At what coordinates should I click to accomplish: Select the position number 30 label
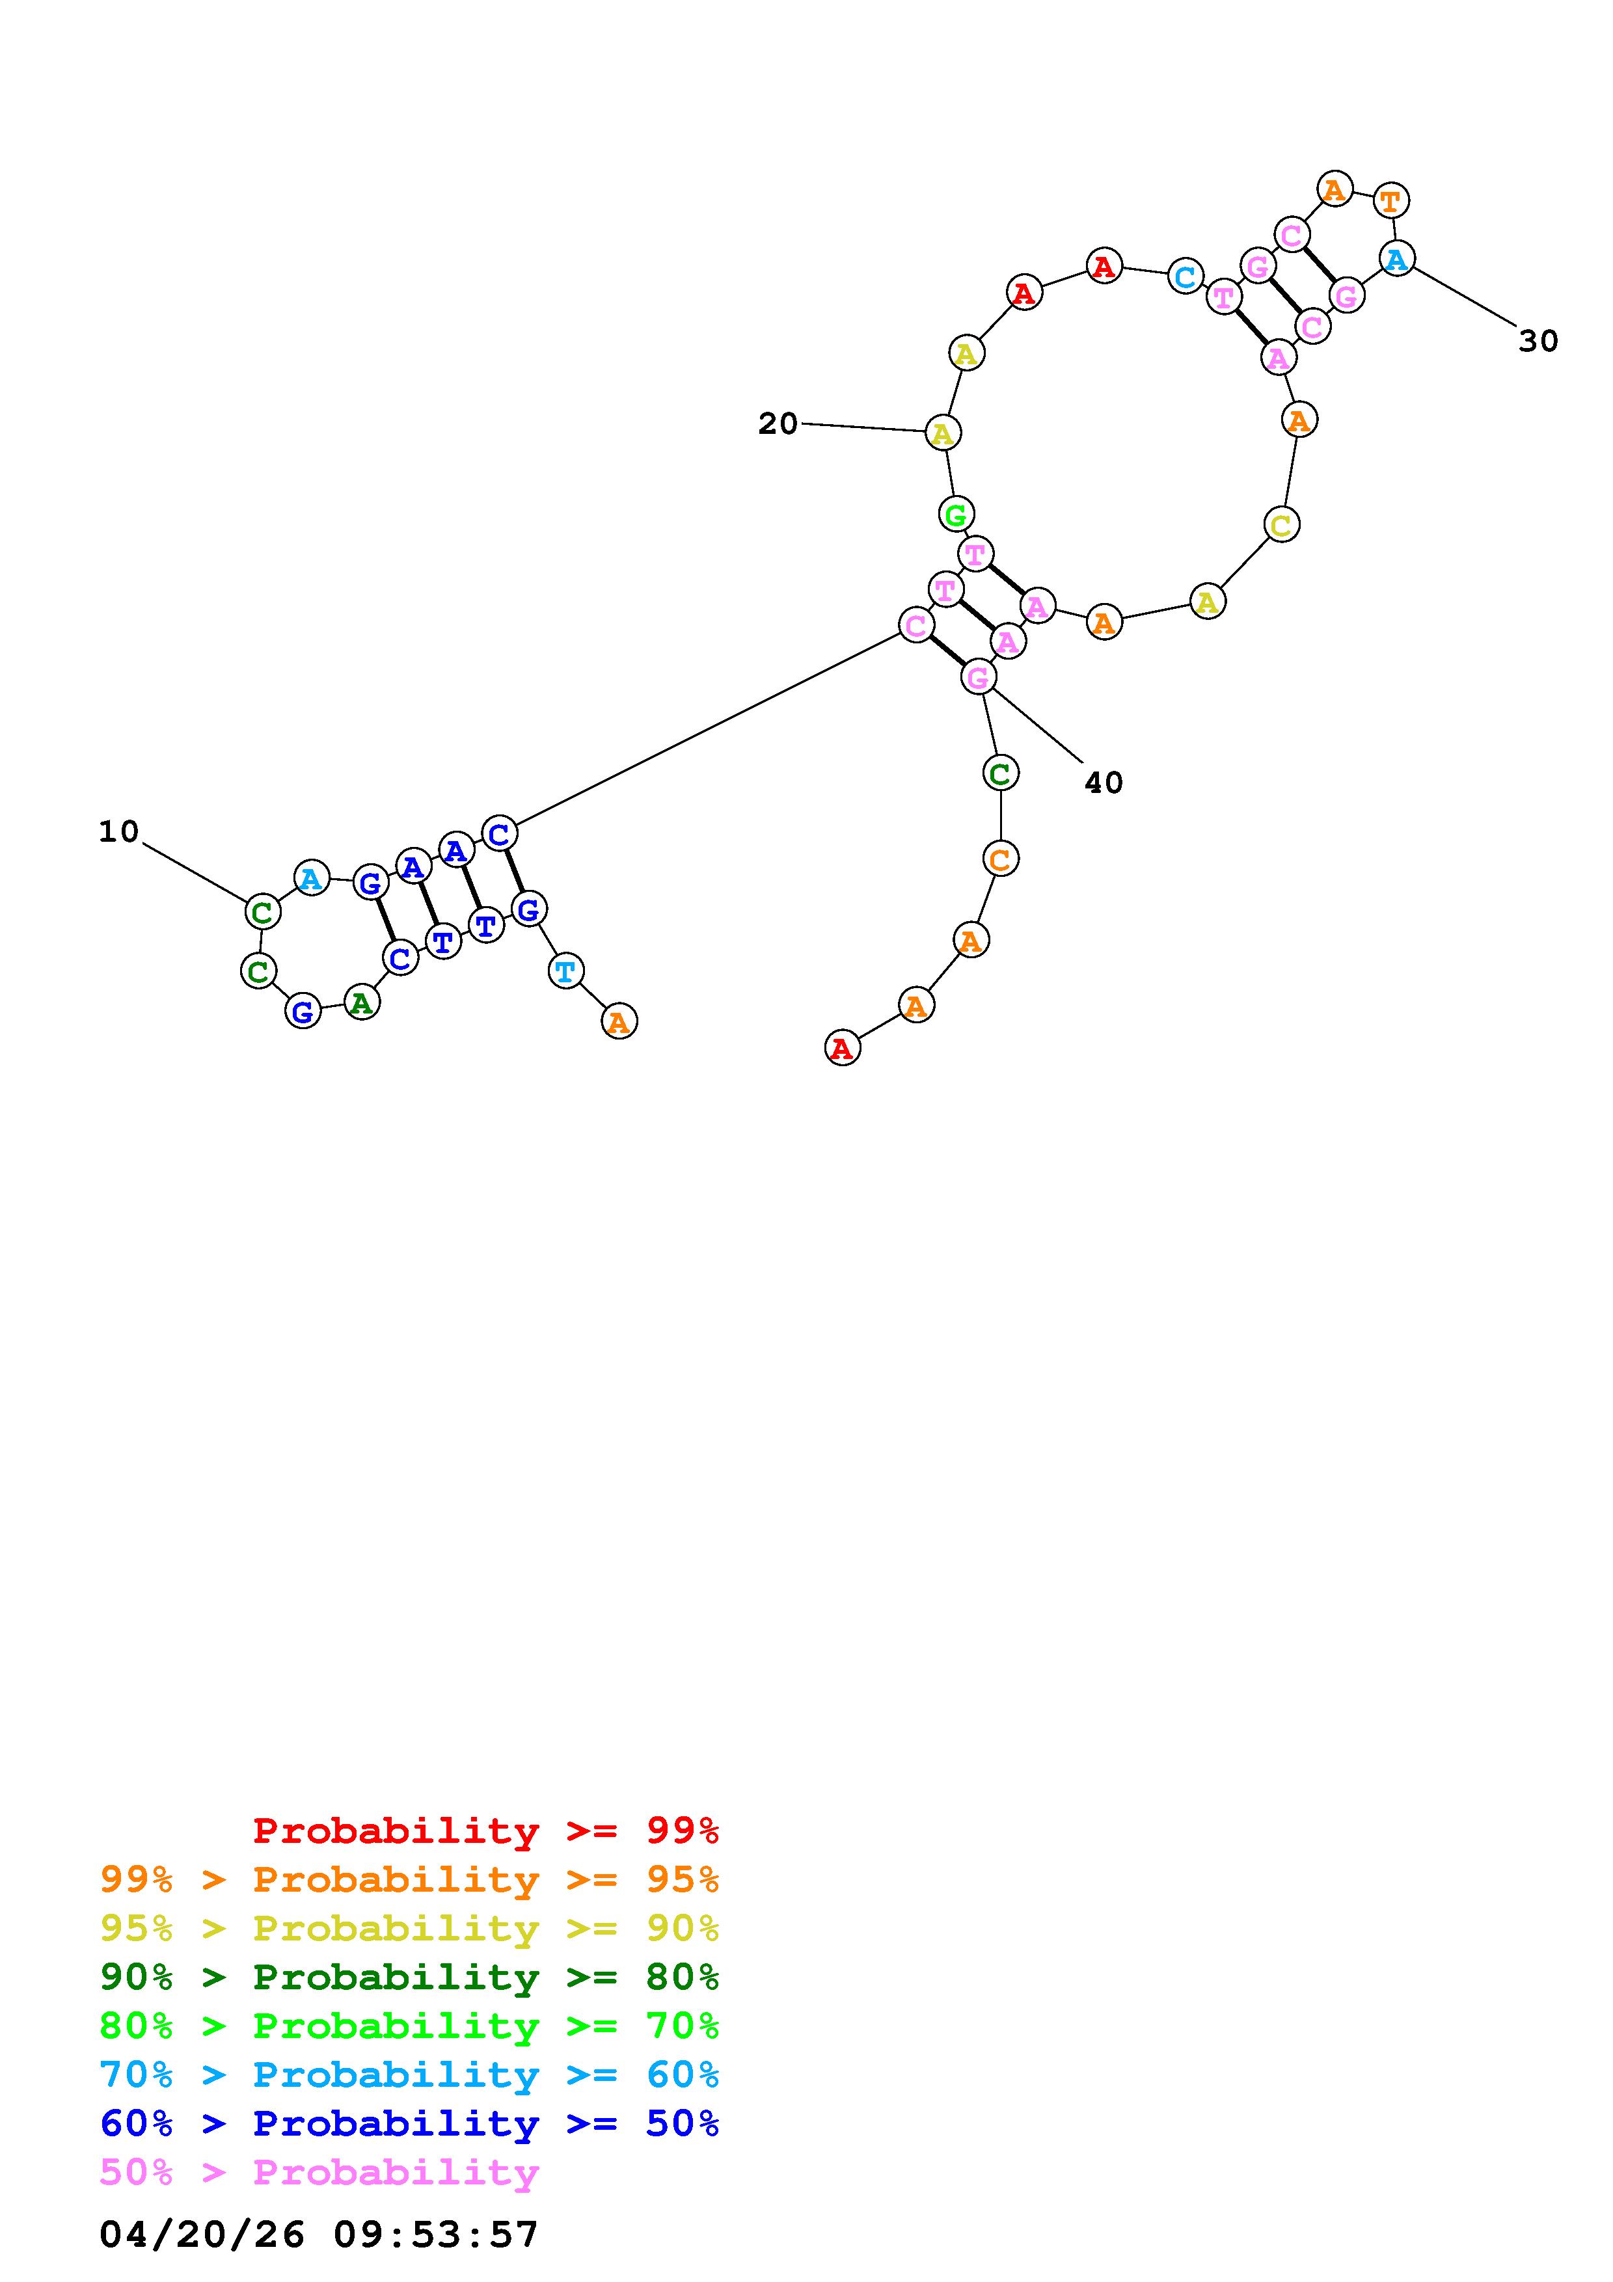[1538, 341]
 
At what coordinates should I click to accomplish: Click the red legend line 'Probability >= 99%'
[486, 1830]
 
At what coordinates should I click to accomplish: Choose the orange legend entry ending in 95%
[409, 1879]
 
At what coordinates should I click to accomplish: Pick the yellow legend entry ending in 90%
[409, 1928]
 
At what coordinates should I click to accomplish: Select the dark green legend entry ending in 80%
[409, 1977]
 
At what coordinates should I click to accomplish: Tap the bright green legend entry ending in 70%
[409, 2026]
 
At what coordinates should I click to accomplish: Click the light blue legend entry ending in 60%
[409, 2074]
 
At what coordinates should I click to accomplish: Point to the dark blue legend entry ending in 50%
[409, 2123]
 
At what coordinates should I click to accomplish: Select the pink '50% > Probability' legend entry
[319, 2171]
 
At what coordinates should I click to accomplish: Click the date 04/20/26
[202, 2235]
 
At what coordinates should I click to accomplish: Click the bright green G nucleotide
[955, 515]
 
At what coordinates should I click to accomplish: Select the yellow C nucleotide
[1281, 524]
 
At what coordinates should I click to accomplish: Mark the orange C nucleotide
[1000, 859]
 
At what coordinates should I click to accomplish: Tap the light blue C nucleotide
[1185, 276]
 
